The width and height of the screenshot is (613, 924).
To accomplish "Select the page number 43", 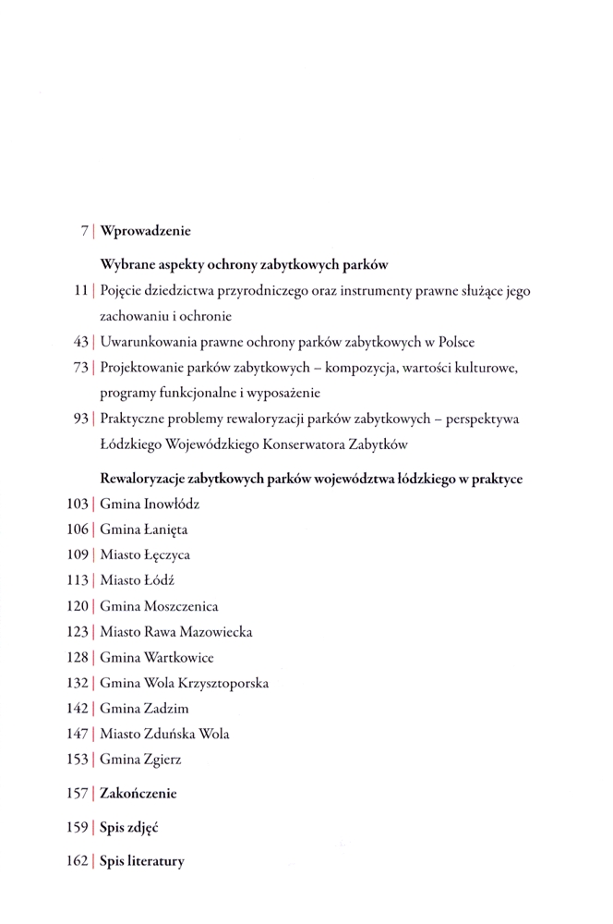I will pos(79,342).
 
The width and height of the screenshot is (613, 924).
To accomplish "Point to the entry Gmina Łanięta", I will pos(144,530).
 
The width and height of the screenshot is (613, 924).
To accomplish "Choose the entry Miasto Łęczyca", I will pos(145,556).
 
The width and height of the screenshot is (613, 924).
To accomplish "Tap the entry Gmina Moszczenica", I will pos(159,607).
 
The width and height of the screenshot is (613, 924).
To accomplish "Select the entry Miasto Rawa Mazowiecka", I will pos(175,633).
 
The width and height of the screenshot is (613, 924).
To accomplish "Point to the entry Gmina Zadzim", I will pos(144,709).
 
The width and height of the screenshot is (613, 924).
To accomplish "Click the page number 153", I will pos(77,760).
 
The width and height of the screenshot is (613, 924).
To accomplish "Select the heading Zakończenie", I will pos(138,794).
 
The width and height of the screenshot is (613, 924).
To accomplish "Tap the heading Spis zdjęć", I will pos(126,828).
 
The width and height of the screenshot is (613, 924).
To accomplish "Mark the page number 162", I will pos(77,861).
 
